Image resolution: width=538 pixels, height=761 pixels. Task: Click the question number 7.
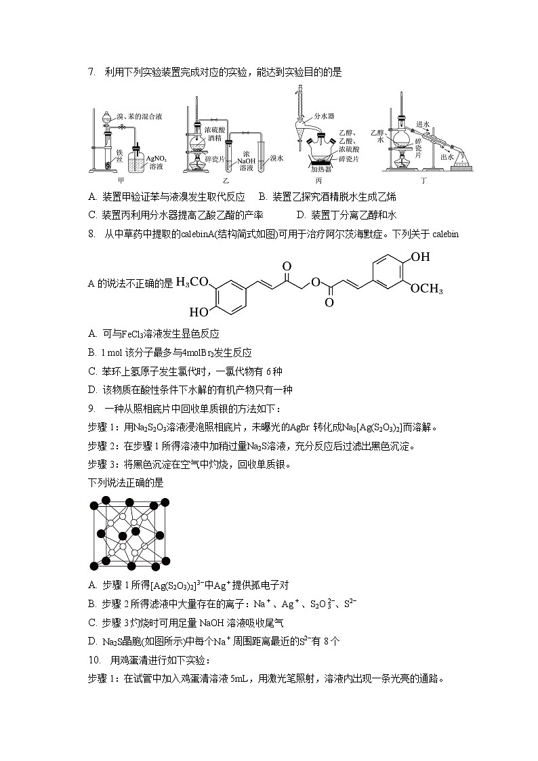click(x=91, y=73)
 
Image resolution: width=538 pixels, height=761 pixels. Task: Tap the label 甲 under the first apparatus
click(x=121, y=181)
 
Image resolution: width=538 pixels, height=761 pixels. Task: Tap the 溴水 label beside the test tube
click(x=276, y=157)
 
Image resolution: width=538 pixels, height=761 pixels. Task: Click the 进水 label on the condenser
click(x=423, y=123)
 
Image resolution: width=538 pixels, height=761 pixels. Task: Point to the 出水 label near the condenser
click(x=447, y=157)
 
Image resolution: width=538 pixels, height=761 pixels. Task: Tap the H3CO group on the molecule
click(x=192, y=282)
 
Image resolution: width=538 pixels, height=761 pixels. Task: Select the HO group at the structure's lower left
click(x=199, y=313)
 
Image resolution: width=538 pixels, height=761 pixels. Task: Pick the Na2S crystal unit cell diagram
click(x=129, y=534)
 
